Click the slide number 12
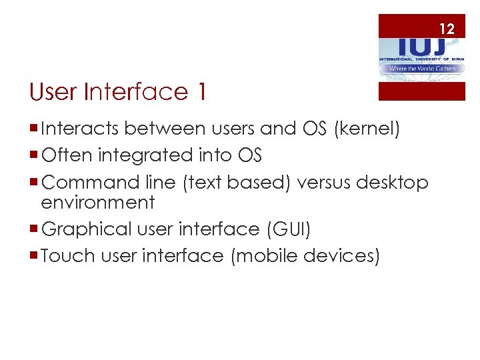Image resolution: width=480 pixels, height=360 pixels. (x=447, y=29)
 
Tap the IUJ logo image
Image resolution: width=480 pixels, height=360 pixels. (x=421, y=57)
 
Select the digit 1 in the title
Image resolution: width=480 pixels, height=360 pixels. (x=200, y=92)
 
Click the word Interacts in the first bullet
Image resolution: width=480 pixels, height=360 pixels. (x=80, y=128)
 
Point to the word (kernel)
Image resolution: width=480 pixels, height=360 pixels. (x=369, y=129)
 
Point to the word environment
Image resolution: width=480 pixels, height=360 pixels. (x=97, y=201)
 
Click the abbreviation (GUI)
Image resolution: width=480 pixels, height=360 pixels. (x=288, y=229)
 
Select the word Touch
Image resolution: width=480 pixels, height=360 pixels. (x=65, y=255)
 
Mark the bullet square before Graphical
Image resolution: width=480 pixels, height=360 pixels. (x=34, y=229)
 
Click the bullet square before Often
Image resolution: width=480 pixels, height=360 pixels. (x=34, y=156)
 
